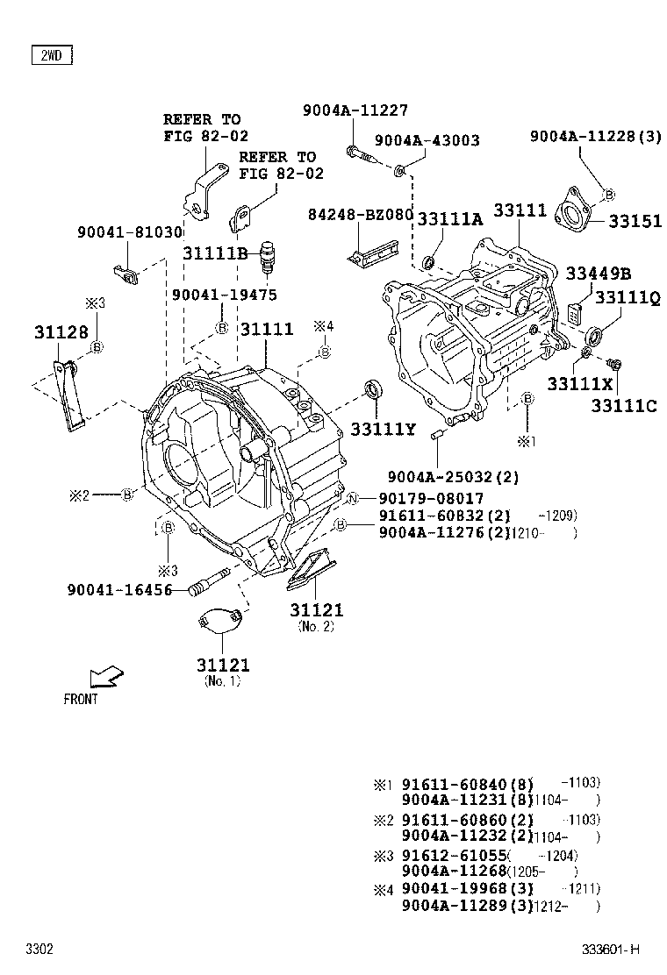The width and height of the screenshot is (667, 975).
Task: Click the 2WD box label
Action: [51, 56]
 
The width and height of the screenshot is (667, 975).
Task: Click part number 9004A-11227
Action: [343, 110]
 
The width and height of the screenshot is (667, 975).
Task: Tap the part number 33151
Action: [631, 222]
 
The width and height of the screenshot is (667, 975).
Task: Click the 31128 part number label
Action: [61, 332]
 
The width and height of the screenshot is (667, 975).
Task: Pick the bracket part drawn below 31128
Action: [71, 395]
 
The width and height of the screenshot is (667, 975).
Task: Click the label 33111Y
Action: [381, 429]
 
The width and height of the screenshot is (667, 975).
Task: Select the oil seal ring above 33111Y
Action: [374, 389]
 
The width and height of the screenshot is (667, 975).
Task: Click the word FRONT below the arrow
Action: [81, 700]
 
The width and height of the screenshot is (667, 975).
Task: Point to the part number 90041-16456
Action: [119, 590]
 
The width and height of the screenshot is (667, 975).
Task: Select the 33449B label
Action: [598, 274]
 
